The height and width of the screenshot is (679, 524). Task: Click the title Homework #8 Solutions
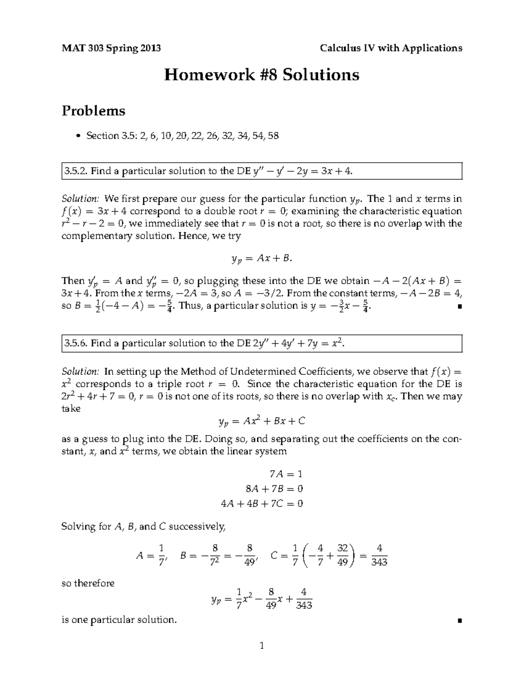coord(262,75)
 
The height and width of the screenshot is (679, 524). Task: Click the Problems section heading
coord(93,111)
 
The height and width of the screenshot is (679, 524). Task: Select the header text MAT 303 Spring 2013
coord(111,48)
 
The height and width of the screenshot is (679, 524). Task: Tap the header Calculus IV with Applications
coord(391,48)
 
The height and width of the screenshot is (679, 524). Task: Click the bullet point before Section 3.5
coord(78,136)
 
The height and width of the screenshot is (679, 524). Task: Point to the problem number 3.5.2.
coord(76,171)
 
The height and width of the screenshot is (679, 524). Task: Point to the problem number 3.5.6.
coord(76,344)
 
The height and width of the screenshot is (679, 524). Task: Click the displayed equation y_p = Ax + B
coord(261,259)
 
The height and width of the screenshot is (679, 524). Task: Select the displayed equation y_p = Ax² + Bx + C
coord(262,421)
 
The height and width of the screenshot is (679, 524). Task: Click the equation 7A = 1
coord(286,474)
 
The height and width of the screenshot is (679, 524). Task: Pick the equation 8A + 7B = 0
coord(274,488)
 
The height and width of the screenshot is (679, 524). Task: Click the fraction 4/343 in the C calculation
coord(379,556)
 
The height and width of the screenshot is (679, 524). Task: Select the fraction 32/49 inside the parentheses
coord(342,555)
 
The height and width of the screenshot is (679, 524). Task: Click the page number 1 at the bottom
coord(262,646)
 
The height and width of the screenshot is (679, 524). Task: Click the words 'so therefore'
coord(88,583)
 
